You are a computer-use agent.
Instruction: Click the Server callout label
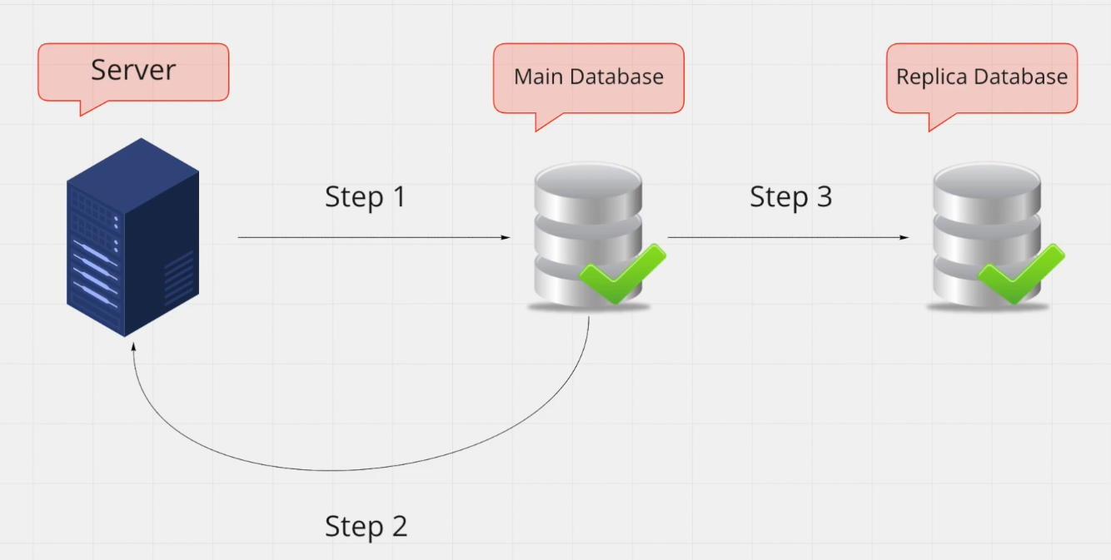133,71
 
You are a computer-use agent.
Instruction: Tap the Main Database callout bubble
588,77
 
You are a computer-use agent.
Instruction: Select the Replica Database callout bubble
981,77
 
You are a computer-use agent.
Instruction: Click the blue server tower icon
132,236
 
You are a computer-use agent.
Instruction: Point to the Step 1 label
365,197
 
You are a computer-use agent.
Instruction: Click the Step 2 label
366,526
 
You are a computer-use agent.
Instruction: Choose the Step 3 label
790,197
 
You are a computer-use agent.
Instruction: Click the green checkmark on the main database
621,274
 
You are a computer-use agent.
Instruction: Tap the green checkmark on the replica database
1020,274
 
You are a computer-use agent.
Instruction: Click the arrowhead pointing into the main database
506,237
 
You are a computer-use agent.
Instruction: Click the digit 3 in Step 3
823,197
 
